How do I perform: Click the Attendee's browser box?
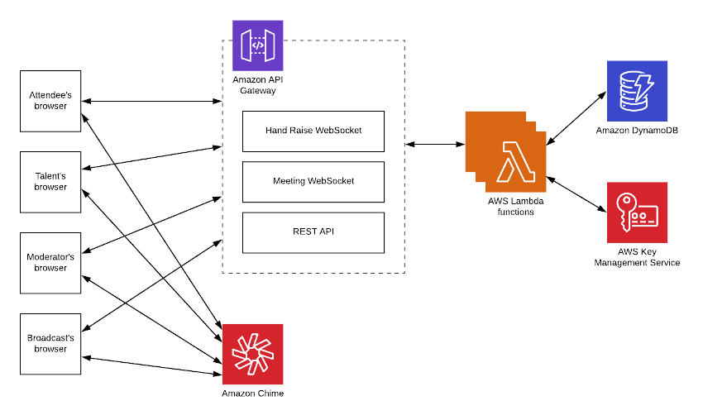[x=50, y=101]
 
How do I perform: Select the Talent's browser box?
[x=50, y=182]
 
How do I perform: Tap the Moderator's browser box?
[x=50, y=262]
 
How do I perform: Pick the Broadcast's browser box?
[x=50, y=343]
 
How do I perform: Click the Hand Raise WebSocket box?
[x=313, y=131]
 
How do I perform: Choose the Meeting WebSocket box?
[x=313, y=181]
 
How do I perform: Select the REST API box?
[x=313, y=232]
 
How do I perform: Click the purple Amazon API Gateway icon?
[x=257, y=45]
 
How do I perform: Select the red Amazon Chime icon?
[x=252, y=353]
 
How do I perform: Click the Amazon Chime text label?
[x=252, y=394]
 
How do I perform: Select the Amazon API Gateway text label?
[x=257, y=84]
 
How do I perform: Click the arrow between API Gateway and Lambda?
[x=435, y=145]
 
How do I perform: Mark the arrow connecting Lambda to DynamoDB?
[x=576, y=116]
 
